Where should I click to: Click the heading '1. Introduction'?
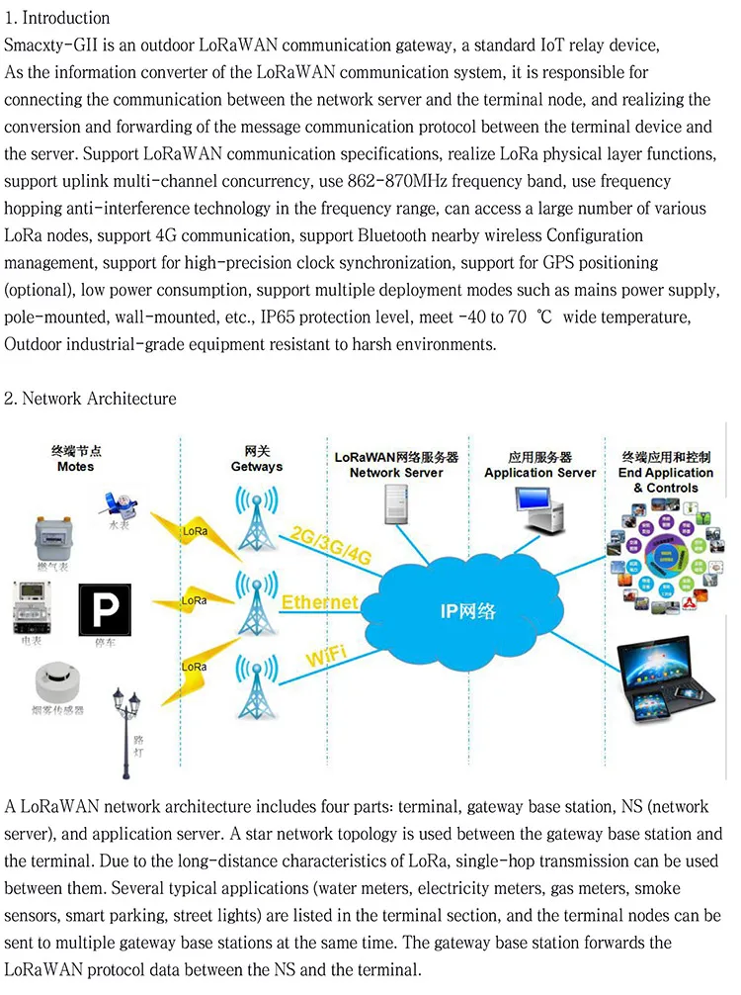click(57, 18)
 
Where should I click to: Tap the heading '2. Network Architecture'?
click(90, 399)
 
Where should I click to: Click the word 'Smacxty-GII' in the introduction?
click(46, 45)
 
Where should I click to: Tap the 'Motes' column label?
click(76, 466)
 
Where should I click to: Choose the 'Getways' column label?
click(256, 466)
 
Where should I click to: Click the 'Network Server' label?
click(396, 473)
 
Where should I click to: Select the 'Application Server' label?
click(540, 473)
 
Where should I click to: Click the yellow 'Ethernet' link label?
click(319, 602)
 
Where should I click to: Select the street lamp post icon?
click(125, 732)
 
